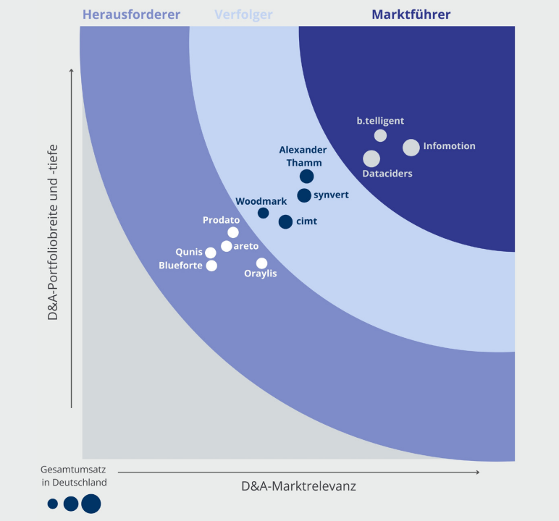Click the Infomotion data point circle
[x=411, y=148]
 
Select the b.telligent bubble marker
[x=380, y=135]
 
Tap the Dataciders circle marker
[x=371, y=158]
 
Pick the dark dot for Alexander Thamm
[x=307, y=176]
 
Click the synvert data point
[x=304, y=195]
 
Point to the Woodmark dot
[x=264, y=213]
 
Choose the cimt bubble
[x=285, y=221]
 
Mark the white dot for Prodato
[x=233, y=232]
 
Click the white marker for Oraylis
[x=261, y=263]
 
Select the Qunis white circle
[x=211, y=253]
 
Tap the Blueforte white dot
[x=211, y=266]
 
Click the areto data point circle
[x=227, y=246]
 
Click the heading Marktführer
[x=411, y=14]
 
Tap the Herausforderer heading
[x=131, y=14]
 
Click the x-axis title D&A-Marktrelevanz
[x=298, y=486]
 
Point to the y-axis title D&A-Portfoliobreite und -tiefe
[x=53, y=232]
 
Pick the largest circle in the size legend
[x=91, y=504]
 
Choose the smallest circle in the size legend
[x=53, y=504]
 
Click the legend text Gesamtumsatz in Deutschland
[x=74, y=475]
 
